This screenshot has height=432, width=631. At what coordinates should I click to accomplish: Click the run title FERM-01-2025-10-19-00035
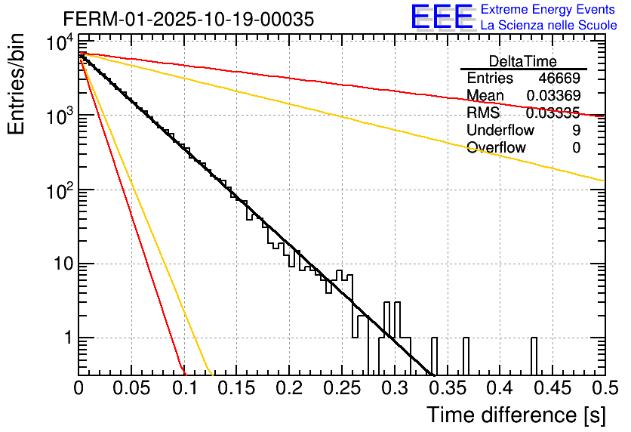188,19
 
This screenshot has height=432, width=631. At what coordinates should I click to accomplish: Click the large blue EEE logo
442,17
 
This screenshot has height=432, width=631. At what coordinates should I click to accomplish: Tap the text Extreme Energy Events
549,10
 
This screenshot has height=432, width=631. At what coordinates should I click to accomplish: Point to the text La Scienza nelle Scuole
549,26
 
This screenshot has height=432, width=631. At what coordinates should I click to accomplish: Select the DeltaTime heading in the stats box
522,61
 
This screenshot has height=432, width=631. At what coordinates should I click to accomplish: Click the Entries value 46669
559,79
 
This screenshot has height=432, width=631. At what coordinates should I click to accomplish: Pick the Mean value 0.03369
553,96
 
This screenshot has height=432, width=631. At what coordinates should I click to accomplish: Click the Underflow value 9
576,131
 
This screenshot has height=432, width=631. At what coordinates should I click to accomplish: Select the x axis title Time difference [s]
515,415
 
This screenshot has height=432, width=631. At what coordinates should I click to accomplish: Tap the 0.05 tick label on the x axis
131,387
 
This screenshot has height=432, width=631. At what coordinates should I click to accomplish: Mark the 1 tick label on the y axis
66,338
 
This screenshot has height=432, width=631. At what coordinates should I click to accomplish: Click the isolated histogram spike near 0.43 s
534,355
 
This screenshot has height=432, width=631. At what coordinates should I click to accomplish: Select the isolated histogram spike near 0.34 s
435,355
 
